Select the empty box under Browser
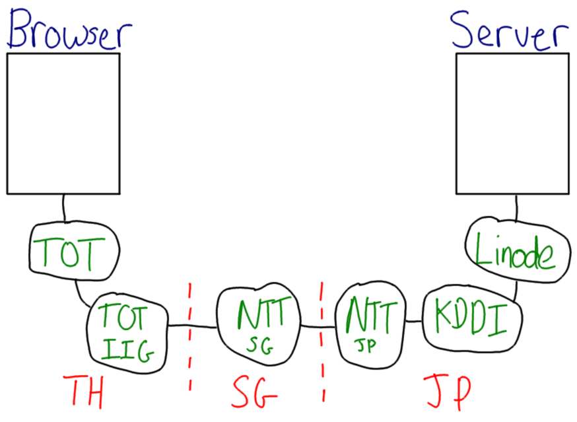[63, 123]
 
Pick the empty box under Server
[512, 123]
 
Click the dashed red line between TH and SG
[190, 337]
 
